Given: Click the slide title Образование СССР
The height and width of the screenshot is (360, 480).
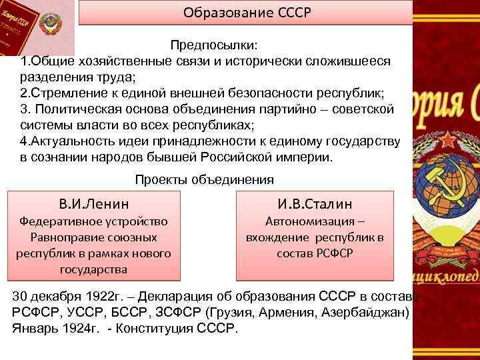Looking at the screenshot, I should point(245,12).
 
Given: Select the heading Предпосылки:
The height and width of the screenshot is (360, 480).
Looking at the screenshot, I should point(216,45).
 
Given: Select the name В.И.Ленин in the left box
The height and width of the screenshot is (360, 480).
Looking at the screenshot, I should point(93,203).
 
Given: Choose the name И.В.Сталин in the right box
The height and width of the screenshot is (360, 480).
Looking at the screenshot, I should point(315,203).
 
